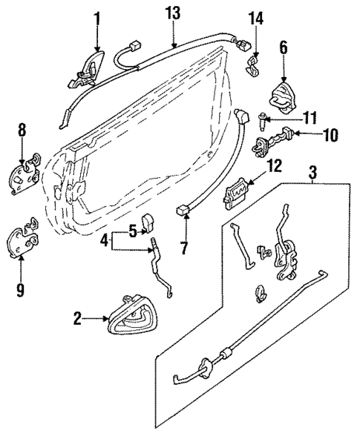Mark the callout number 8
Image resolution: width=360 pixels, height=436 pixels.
[22, 130]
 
